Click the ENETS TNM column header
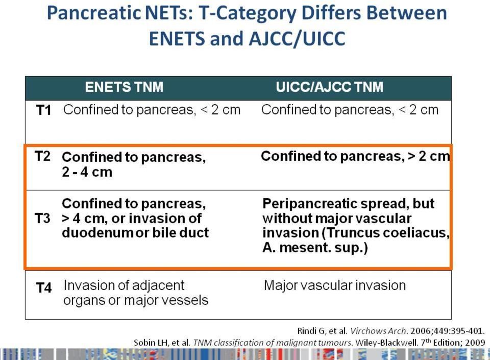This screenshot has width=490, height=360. pyautogui.click(x=124, y=87)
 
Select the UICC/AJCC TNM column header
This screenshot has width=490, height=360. pyautogui.click(x=329, y=87)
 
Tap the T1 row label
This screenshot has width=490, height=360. pyautogui.click(x=44, y=110)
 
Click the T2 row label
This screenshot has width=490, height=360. pyautogui.click(x=42, y=156)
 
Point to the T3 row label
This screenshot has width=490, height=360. pyautogui.click(x=42, y=218)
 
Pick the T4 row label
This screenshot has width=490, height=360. pyautogui.click(x=44, y=287)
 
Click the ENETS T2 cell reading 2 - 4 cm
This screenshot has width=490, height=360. pyautogui.click(x=134, y=164)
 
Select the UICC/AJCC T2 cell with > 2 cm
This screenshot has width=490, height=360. pyautogui.click(x=356, y=156)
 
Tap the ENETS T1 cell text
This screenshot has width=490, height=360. pyautogui.click(x=152, y=110)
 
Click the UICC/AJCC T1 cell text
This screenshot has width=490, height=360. pyautogui.click(x=350, y=110)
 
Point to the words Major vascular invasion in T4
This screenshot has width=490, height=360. pyautogui.click(x=335, y=285)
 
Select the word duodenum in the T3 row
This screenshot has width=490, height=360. pyautogui.click(x=98, y=232)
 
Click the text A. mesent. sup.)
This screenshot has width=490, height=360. pyautogui.click(x=315, y=248)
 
